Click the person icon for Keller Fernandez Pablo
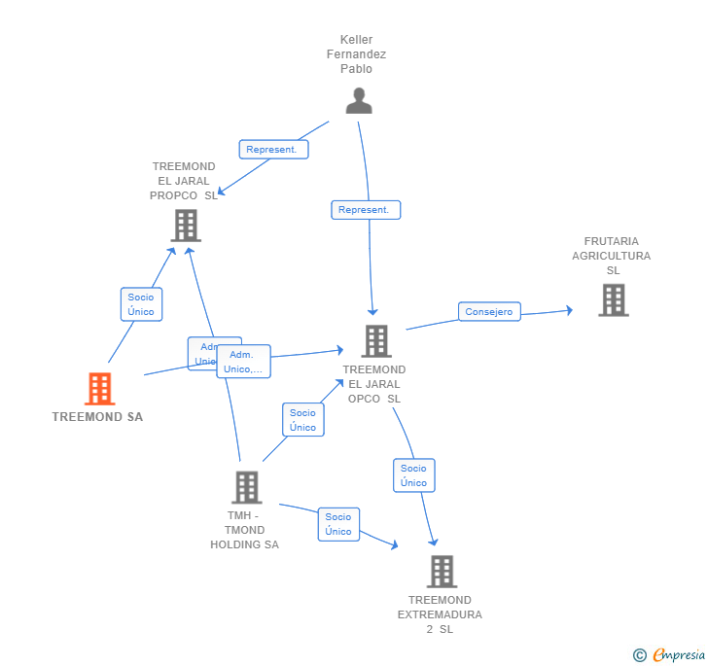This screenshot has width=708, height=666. [x=359, y=100]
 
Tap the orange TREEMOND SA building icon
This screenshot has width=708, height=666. [x=99, y=389]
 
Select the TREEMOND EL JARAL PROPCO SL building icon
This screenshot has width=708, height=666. [x=185, y=226]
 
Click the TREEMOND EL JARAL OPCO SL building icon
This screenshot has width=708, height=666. [x=376, y=341]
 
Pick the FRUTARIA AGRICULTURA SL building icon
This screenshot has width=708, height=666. [x=613, y=300]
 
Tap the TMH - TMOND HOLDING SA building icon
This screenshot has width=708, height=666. [x=246, y=487]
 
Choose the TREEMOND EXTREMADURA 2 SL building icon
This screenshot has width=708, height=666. [x=442, y=572]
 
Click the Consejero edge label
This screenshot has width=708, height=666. [x=489, y=312]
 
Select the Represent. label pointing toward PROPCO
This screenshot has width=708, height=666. [x=273, y=150]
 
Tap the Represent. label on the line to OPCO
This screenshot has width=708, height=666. [x=365, y=209]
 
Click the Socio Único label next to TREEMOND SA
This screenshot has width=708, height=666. [x=141, y=304]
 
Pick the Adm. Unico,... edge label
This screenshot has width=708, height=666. [x=243, y=362]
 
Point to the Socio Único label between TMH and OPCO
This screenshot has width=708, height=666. [x=302, y=420]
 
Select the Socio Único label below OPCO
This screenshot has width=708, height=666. [x=413, y=475]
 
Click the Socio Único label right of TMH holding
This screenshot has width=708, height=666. [x=338, y=524]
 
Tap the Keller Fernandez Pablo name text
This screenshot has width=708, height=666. [x=356, y=54]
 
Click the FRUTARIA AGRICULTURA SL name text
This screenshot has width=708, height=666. [x=611, y=256]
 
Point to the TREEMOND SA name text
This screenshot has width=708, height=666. [x=97, y=417]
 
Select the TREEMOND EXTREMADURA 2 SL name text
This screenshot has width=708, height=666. [x=440, y=614]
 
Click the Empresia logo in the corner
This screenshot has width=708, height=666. [x=669, y=655]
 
